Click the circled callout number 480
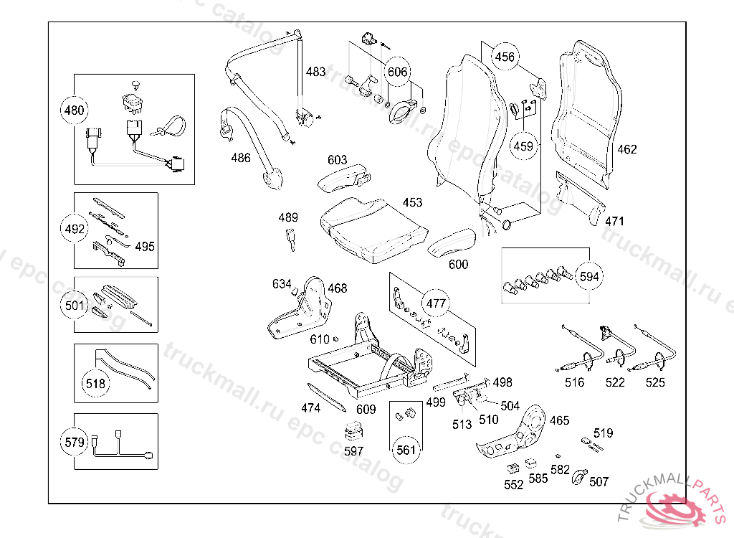point(74,110)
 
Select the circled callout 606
point(397,72)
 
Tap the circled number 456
point(505,57)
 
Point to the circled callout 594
point(589,276)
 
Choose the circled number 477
point(436,303)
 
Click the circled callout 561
point(406,450)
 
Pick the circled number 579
point(75,442)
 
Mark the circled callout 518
point(95,383)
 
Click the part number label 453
point(412,202)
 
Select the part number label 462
point(626,149)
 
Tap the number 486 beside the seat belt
point(241,158)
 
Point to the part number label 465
point(559,420)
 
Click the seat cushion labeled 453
point(373,230)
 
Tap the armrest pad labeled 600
point(452,242)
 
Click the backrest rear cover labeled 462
point(586,114)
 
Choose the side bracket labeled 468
point(300,308)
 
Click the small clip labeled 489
point(291,240)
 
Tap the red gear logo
point(675,509)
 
